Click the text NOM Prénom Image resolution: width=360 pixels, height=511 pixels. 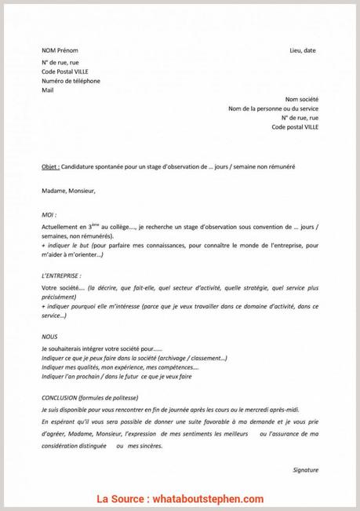pos(60,50)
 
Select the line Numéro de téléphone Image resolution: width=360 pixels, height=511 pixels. pos(71,81)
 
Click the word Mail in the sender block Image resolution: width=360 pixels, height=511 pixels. pos(47,90)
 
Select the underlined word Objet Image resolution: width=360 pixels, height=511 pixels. pos(49,167)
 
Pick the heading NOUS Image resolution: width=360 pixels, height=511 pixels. pos(49,335)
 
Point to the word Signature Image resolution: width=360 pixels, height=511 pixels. pos(304,469)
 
